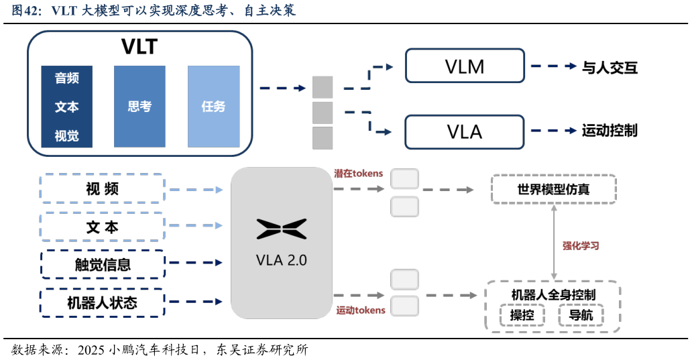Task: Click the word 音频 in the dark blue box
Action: tap(66, 78)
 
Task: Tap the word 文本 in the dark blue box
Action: tap(66, 107)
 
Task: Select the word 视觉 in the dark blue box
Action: tap(66, 136)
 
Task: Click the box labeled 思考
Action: tap(139, 107)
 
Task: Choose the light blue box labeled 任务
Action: tap(213, 107)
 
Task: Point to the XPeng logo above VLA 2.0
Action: tap(282, 229)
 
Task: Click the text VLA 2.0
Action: tap(282, 260)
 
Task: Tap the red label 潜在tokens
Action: tap(359, 174)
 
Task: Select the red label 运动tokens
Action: tap(361, 310)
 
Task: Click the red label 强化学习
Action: tap(581, 246)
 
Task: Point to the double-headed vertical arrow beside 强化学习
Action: tap(554, 242)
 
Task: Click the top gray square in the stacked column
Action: tap(323, 87)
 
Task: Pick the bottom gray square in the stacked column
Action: tap(323, 137)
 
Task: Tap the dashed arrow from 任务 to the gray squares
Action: tap(282, 88)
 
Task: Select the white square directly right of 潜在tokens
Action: tap(405, 179)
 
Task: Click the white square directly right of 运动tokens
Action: tap(405, 306)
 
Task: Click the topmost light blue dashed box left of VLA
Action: tap(103, 188)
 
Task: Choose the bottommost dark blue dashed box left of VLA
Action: tap(103, 302)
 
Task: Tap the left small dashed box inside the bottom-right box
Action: tap(522, 315)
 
